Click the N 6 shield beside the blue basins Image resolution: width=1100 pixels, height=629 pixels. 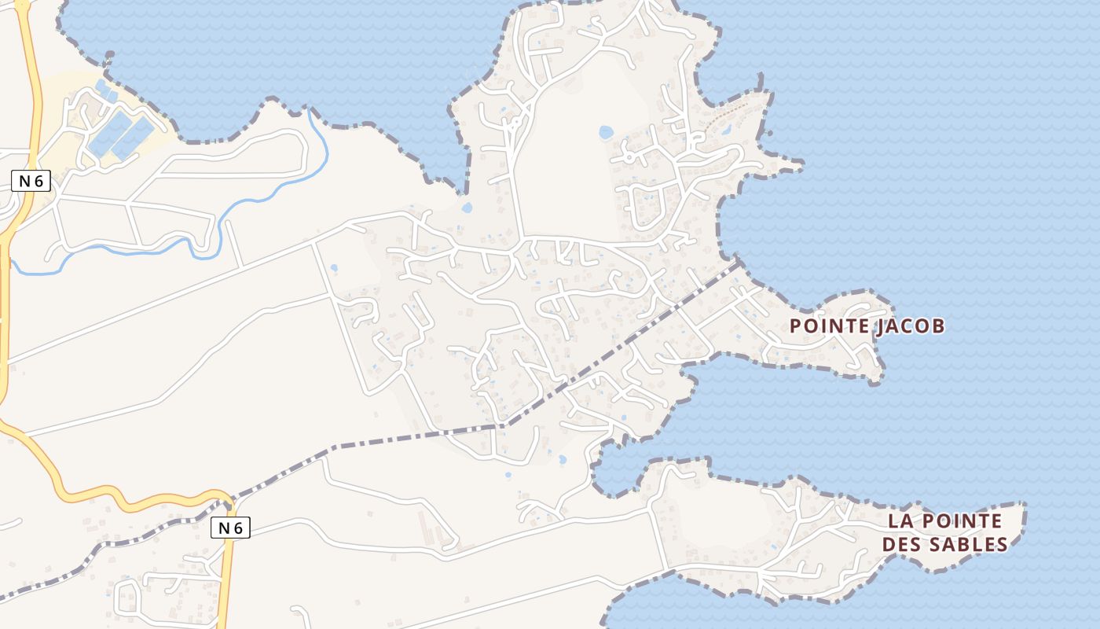[31, 181]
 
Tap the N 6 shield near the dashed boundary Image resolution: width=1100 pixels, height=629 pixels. [230, 528]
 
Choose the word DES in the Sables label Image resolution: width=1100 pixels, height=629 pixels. [902, 544]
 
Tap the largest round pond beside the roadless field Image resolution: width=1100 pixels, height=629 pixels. [606, 132]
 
